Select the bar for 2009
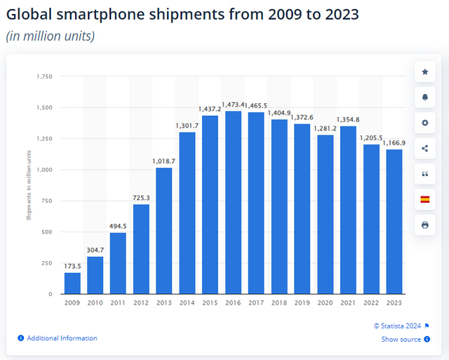[72, 283]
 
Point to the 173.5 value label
[72, 267]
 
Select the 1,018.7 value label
[164, 161]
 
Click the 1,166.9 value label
[394, 143]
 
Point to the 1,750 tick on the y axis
[44, 76]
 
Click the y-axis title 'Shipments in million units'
[29, 185]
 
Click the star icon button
[424, 72]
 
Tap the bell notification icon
[424, 97]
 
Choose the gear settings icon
[424, 123]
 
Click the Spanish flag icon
[424, 199]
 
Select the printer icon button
[424, 225]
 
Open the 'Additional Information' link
[62, 338]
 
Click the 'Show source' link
[401, 340]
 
